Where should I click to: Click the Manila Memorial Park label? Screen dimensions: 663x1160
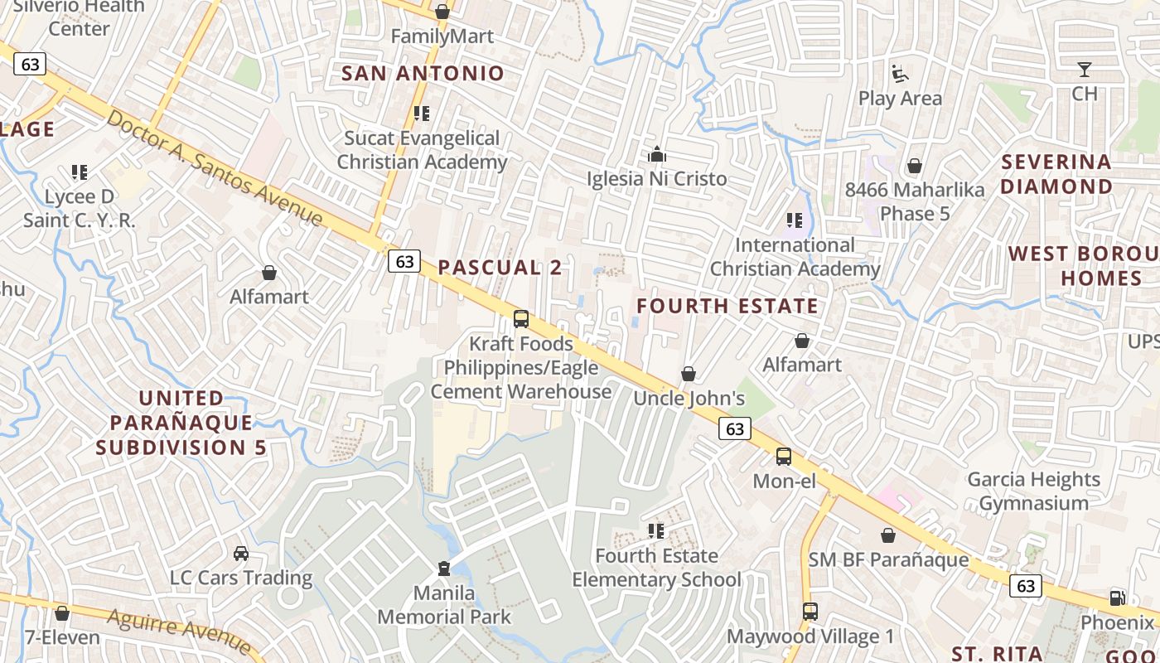(445, 605)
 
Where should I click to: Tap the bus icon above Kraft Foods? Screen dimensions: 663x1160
(521, 319)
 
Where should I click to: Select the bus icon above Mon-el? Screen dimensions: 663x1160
(783, 457)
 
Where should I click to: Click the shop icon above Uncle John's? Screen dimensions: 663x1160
(689, 375)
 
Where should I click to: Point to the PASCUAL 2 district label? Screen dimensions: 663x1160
(500, 267)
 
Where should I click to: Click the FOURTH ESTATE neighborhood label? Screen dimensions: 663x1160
(727, 306)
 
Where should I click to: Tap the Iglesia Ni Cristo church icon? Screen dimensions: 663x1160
(657, 154)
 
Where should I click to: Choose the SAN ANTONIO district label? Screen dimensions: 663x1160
(423, 73)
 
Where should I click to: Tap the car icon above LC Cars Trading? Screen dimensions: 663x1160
(241, 554)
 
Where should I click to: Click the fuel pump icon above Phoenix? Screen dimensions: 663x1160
(1117, 598)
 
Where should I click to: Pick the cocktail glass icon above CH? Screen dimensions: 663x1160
(1085, 70)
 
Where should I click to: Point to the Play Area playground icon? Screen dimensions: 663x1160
(900, 74)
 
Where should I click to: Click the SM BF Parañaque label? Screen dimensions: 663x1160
(888, 559)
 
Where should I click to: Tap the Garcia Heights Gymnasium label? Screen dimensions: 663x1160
(1033, 491)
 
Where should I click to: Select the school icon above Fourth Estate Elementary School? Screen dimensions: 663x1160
(656, 530)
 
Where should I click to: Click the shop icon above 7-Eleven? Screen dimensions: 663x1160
(62, 614)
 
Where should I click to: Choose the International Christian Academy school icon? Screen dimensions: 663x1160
(795, 220)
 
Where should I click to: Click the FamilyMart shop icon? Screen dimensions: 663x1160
(442, 12)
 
